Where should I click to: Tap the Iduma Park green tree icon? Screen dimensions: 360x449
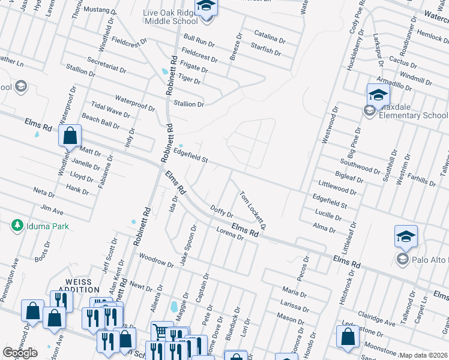tap(17, 226)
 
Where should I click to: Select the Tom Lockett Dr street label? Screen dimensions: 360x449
tap(252, 210)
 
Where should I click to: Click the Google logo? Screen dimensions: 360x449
tap(20, 353)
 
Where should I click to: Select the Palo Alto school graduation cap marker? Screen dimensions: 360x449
tap(406, 237)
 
